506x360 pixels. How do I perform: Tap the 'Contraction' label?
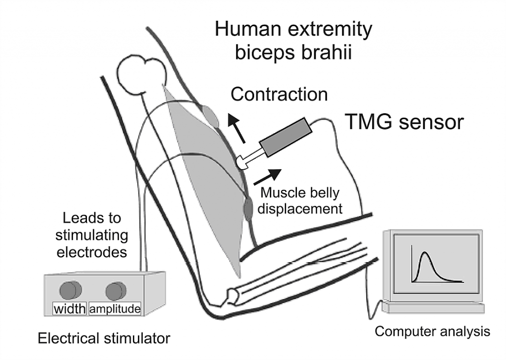click(279, 94)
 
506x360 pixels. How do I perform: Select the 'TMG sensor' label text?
click(404, 122)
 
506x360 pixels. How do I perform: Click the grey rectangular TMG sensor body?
click(286, 137)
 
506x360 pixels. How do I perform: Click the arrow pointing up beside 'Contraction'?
click(236, 128)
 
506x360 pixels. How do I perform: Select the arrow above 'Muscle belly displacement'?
click(267, 177)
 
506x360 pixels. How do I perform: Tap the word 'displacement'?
click(300, 209)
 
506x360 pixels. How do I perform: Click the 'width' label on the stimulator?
click(70, 309)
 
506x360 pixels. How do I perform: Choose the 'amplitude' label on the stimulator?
click(115, 309)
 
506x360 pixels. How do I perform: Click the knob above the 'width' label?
click(71, 290)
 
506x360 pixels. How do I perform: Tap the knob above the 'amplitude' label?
click(116, 291)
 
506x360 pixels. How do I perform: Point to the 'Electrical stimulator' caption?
click(104, 338)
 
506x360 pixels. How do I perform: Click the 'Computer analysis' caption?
click(432, 331)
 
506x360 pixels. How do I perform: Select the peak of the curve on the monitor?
click(425, 252)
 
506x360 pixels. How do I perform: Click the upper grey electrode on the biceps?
click(211, 116)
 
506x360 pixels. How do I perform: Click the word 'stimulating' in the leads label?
click(91, 235)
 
